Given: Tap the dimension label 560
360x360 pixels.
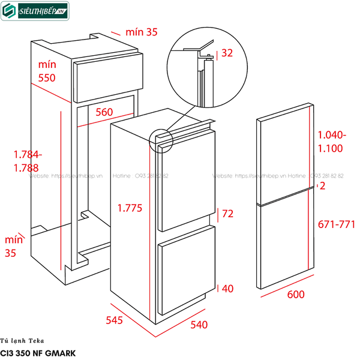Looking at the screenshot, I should [x=104, y=112].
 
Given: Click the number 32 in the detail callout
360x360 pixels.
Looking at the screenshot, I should [x=227, y=53].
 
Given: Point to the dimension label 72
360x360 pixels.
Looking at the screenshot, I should [x=228, y=214].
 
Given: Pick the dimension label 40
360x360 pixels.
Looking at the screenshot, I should [x=228, y=289].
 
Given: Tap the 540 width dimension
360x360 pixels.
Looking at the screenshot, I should [x=199, y=325].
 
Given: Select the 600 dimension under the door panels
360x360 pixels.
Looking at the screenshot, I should [x=296, y=295].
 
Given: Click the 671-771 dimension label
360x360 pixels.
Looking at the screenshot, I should [x=336, y=224].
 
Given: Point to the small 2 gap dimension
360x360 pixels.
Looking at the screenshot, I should [x=323, y=187].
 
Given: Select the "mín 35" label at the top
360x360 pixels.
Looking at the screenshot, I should [x=143, y=32].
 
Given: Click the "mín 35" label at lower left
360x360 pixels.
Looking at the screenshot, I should [x=12, y=246].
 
